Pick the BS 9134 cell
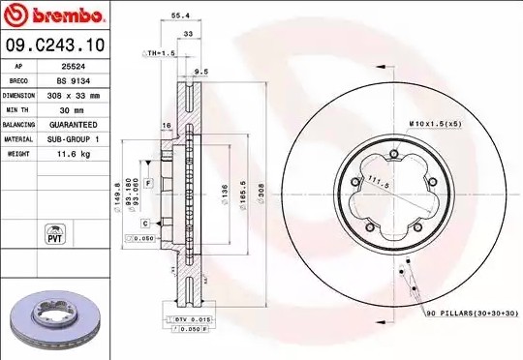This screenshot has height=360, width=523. tap(74, 81)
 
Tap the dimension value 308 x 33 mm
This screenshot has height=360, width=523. tap(74, 96)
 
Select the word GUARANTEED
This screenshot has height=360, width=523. tap(74, 125)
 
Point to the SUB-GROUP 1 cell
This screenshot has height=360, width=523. tap(74, 139)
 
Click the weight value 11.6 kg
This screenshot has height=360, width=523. tap(74, 154)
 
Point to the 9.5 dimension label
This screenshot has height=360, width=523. tap(201, 71)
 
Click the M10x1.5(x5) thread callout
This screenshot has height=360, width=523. tap(435, 125)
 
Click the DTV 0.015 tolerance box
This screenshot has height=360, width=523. tap(190, 318)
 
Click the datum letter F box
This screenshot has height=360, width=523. tap(149, 182)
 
